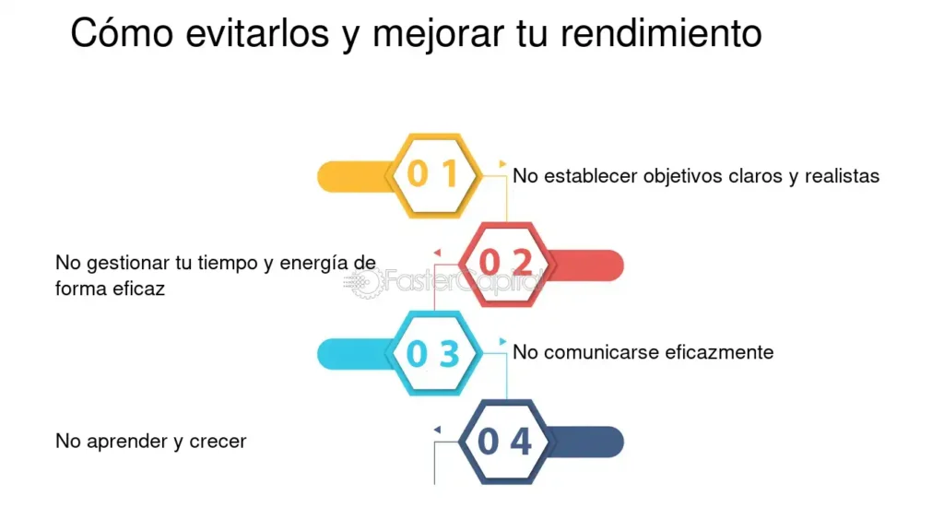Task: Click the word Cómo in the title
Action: point(123,32)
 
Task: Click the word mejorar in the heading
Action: point(438,35)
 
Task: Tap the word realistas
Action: point(842,176)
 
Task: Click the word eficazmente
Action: point(713,352)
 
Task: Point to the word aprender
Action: point(127,442)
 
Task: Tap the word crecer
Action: point(218,442)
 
